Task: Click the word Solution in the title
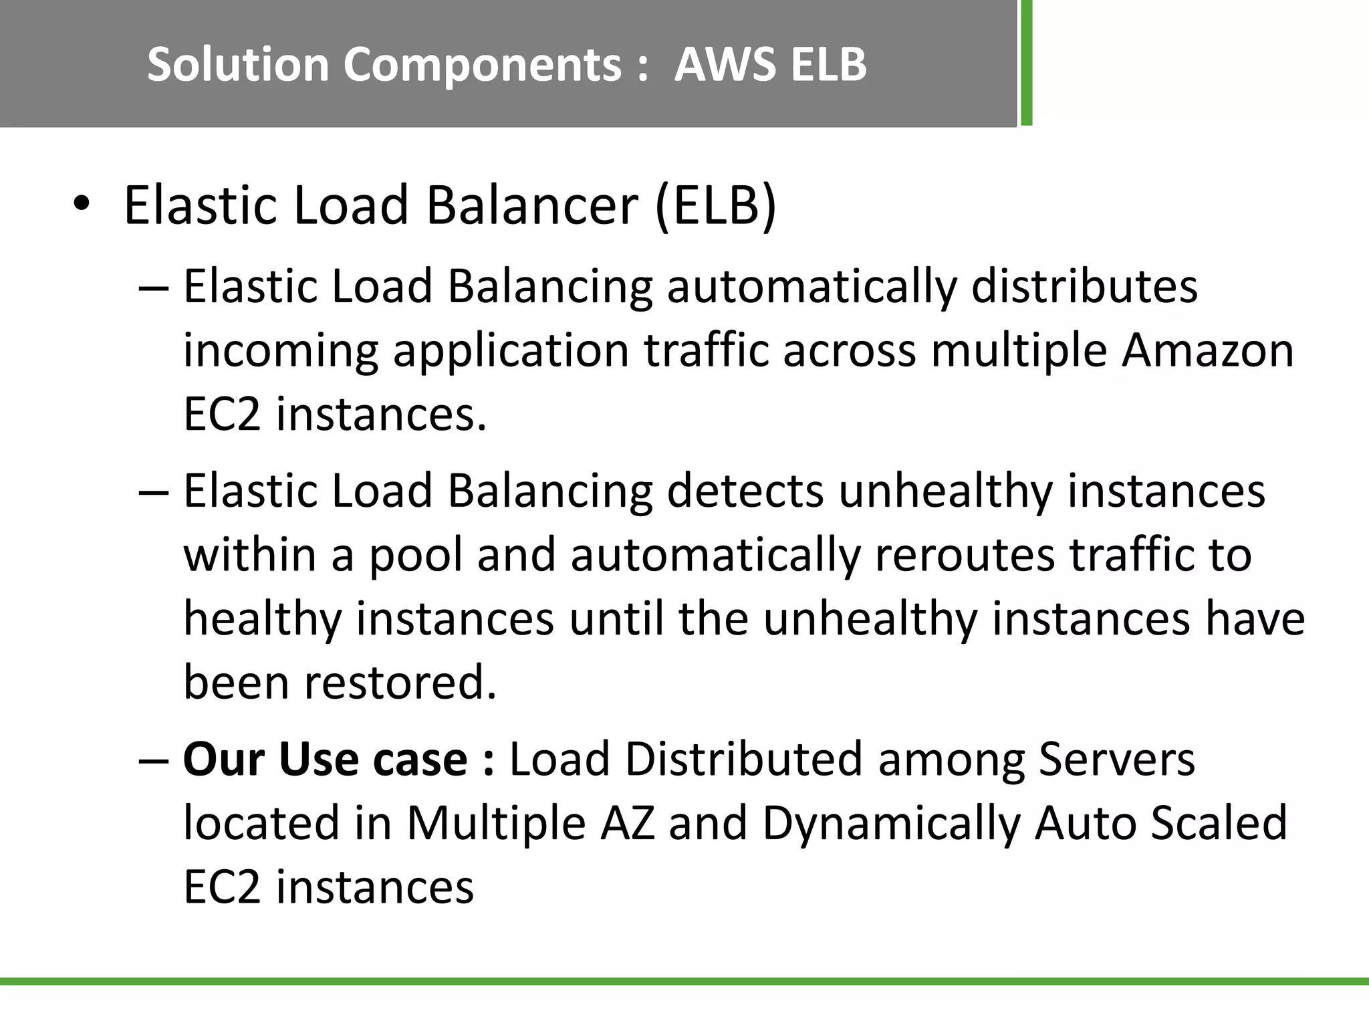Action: (238, 65)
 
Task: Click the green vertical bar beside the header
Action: (1026, 63)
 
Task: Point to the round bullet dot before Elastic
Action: (81, 205)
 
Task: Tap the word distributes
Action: (1084, 287)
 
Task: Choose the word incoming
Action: (280, 351)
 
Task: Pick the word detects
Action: (745, 491)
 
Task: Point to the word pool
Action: (415, 555)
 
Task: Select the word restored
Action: (400, 683)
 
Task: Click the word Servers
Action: (1116, 760)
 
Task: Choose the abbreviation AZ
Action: (627, 823)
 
